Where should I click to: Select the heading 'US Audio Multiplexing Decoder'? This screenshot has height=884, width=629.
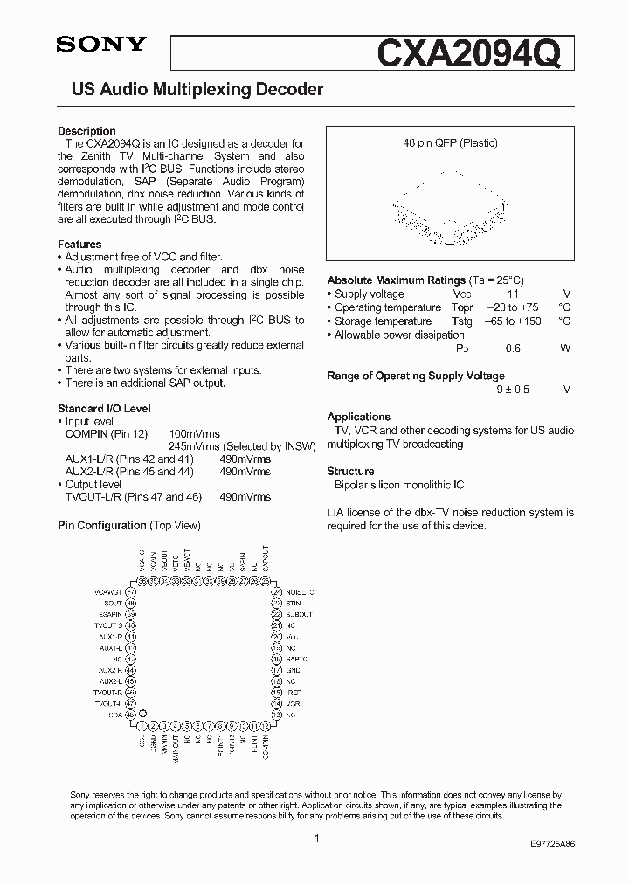[190, 90]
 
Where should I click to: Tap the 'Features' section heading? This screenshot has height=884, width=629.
[79, 245]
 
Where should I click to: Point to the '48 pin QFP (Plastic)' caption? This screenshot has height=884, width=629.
[450, 143]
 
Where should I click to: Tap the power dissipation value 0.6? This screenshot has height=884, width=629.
[513, 349]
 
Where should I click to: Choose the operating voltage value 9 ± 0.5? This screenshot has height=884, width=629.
[513, 390]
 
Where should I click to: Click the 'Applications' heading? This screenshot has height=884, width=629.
[358, 417]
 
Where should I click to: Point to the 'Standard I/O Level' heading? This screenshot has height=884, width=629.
[104, 409]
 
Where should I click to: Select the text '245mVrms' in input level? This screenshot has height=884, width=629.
[194, 445]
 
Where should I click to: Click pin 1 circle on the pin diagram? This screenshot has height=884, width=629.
[142, 725]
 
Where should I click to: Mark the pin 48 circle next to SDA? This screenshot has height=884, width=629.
[132, 714]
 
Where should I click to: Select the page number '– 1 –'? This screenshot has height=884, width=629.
[314, 838]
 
